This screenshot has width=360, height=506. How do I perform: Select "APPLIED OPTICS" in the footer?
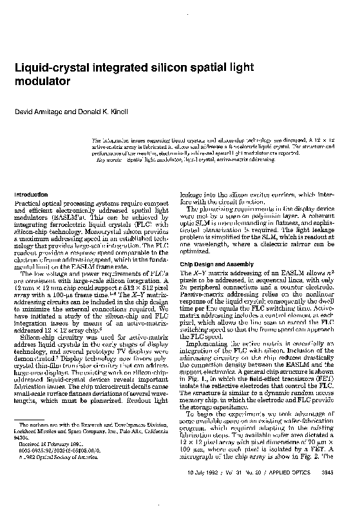pyautogui.click(x=303, y=491)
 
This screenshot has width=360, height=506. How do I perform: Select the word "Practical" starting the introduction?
pyautogui.click(x=28, y=204)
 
